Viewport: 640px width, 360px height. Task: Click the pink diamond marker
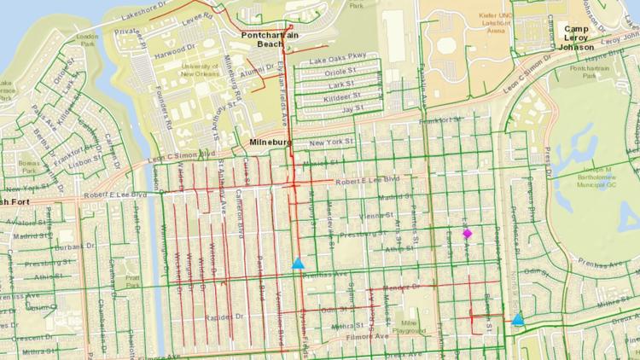(x=467, y=233)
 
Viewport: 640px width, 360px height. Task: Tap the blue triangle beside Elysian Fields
(x=298, y=264)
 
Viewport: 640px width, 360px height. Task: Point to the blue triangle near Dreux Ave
(x=518, y=320)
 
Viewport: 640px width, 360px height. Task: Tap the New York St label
(x=331, y=142)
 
